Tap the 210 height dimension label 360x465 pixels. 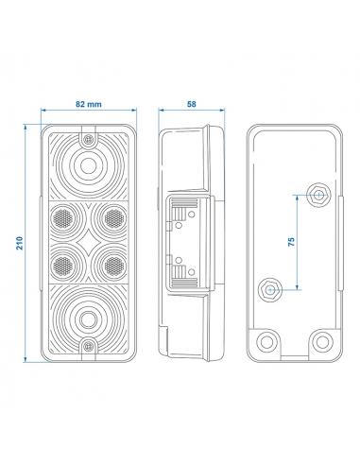[20, 243]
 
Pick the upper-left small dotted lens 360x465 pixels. [63, 218]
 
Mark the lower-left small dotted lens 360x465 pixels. [63, 265]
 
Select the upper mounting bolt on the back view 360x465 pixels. [317, 197]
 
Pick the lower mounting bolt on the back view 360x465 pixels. [271, 287]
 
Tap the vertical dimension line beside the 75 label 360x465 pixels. [299, 242]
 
